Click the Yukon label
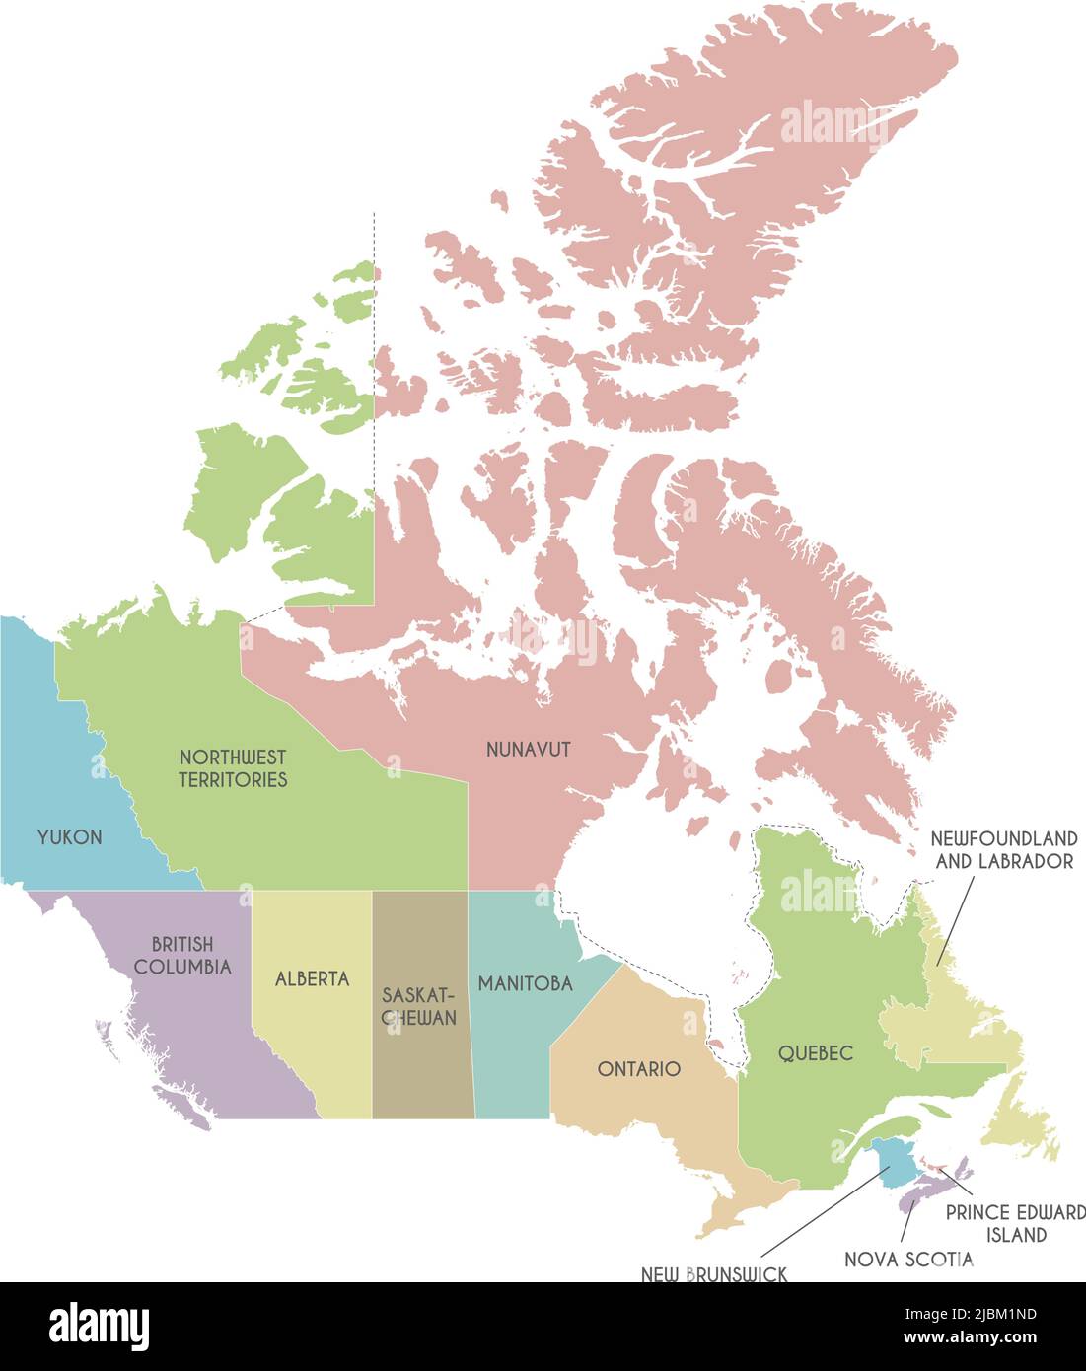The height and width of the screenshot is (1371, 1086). point(69,837)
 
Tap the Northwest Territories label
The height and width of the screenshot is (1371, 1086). point(233,768)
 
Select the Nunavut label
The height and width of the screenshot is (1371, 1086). point(529,750)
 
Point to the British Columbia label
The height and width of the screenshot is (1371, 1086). point(182,956)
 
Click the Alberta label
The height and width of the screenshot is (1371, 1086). point(312,979)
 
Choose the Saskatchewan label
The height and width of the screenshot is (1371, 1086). point(420,1005)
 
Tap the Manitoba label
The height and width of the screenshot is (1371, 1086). point(525,983)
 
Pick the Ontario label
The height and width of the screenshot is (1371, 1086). point(639,1069)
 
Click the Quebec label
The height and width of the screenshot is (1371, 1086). point(815,1053)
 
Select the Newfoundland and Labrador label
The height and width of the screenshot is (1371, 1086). point(1004,849)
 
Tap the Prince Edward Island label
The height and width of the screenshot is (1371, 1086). point(1015,1223)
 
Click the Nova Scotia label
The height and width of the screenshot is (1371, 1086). point(908,1260)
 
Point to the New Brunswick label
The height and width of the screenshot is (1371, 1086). point(714,1274)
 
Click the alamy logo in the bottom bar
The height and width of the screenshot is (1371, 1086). point(99,1326)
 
